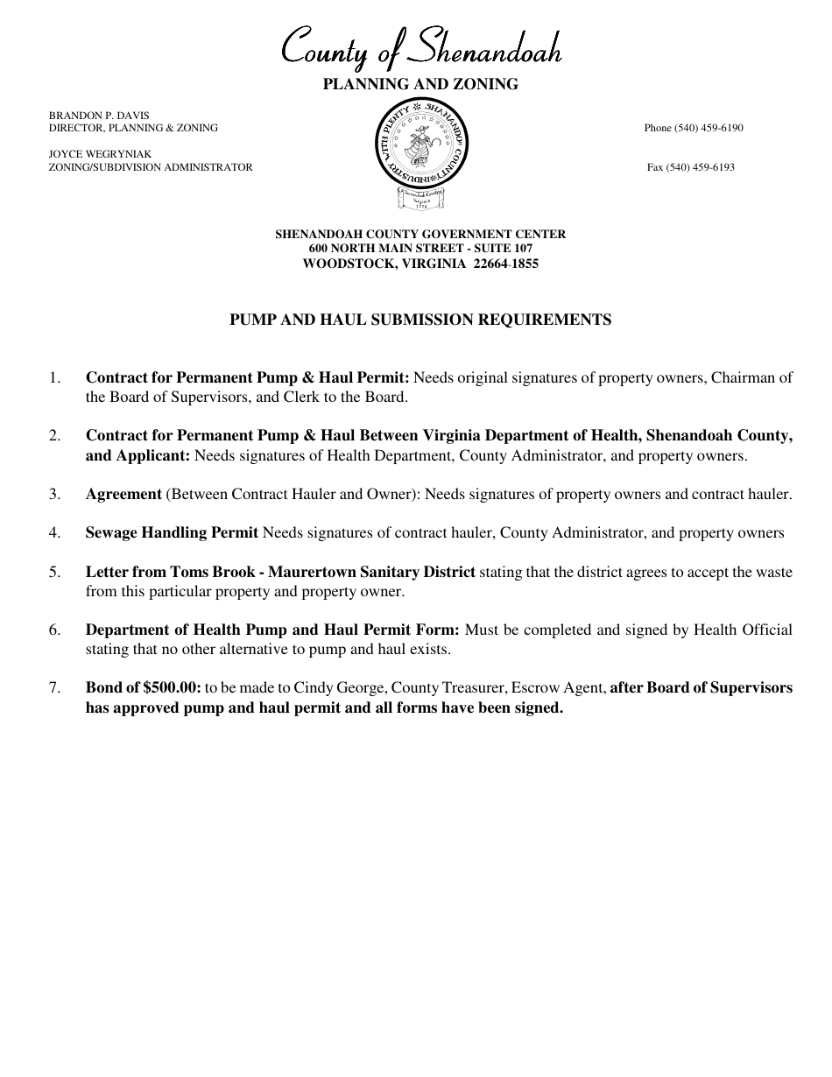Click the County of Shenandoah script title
pos(420,49)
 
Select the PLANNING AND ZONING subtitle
pos(420,84)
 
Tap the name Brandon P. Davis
pos(99,115)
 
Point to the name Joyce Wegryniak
pos(101,154)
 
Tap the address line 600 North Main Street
pos(420,249)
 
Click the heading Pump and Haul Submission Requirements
pos(420,320)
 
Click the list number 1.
pos(54,378)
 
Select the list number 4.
pos(54,532)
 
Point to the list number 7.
pos(54,688)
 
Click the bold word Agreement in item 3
pos(123,494)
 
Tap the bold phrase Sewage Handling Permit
pos(172,532)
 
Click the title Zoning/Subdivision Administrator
pos(151,167)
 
